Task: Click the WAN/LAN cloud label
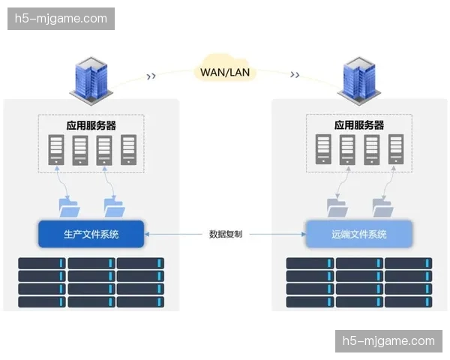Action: tap(225, 72)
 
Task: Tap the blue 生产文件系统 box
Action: tap(91, 234)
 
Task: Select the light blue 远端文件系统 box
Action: tap(358, 234)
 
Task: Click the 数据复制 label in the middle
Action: tap(225, 234)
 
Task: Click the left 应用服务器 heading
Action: tap(91, 124)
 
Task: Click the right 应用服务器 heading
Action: tap(358, 124)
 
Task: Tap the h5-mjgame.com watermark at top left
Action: tap(62, 19)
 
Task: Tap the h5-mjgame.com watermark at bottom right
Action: tap(387, 341)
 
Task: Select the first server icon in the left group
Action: tap(56, 150)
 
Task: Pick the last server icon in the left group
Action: tap(129, 150)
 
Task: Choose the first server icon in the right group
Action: tap(323, 150)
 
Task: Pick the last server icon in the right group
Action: tap(395, 150)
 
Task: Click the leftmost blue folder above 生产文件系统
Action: tap(68, 205)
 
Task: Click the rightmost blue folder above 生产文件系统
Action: tap(114, 205)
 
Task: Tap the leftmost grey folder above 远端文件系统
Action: tap(337, 205)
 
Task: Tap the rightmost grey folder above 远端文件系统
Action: tap(382, 205)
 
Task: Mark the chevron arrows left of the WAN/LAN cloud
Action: tap(151, 75)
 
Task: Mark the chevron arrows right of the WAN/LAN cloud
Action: tap(295, 75)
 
